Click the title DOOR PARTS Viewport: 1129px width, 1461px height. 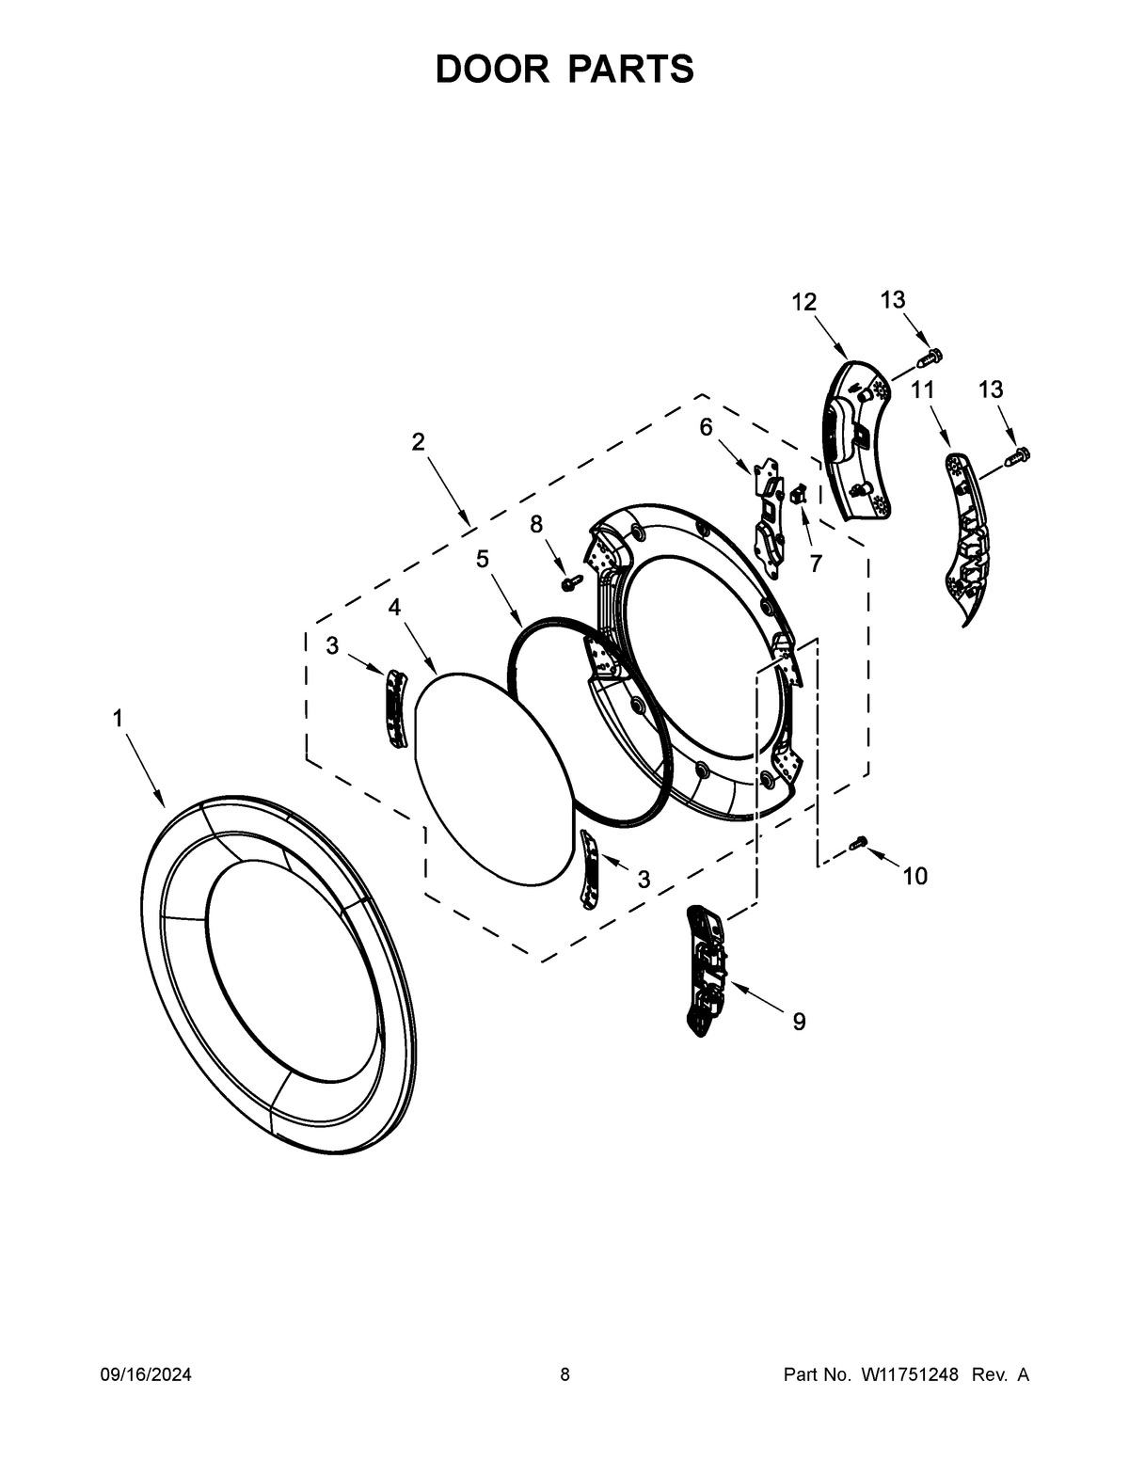point(564,70)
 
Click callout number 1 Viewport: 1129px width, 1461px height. point(118,719)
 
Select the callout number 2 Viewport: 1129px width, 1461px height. point(419,441)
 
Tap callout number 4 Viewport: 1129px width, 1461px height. point(394,607)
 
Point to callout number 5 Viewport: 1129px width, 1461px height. point(482,559)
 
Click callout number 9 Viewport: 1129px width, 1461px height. point(798,1021)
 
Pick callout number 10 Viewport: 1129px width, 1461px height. point(914,877)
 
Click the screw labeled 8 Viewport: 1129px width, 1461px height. point(568,584)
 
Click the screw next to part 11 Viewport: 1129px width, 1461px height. point(1017,457)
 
